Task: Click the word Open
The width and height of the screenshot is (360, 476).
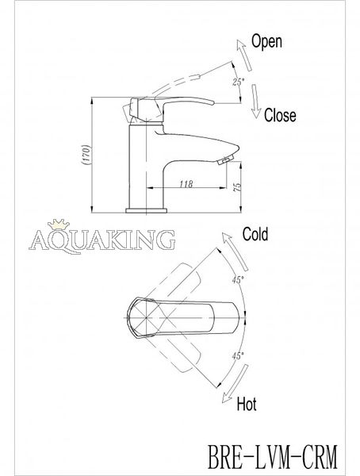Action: click(x=266, y=41)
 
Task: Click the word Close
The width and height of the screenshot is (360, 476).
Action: click(x=280, y=115)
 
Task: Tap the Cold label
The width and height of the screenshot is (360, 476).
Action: click(x=255, y=234)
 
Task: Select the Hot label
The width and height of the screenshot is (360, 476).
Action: click(x=246, y=404)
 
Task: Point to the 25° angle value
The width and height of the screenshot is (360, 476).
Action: click(x=239, y=82)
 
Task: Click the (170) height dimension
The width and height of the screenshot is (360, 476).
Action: click(x=86, y=155)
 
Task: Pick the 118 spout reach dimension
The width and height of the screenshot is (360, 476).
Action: click(x=186, y=184)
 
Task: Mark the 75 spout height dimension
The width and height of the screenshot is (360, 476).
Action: click(x=238, y=187)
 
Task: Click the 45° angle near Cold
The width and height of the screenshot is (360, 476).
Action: click(x=238, y=280)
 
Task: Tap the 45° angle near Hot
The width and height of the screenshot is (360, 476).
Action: click(x=238, y=355)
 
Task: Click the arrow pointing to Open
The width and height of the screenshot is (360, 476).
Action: click(x=244, y=56)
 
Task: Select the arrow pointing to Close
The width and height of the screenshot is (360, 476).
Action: click(x=255, y=101)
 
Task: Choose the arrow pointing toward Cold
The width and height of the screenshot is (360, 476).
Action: click(x=235, y=251)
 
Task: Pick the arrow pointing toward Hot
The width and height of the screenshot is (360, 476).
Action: click(x=235, y=384)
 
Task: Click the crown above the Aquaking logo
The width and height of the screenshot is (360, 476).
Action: click(x=58, y=224)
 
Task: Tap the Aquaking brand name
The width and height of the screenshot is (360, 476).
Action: click(x=102, y=240)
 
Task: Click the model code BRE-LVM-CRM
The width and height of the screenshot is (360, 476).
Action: click(x=272, y=457)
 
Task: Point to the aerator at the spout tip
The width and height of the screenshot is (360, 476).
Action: click(x=225, y=159)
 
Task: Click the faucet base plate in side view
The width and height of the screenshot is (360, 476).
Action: click(x=147, y=211)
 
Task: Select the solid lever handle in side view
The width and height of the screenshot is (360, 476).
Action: click(x=172, y=109)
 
